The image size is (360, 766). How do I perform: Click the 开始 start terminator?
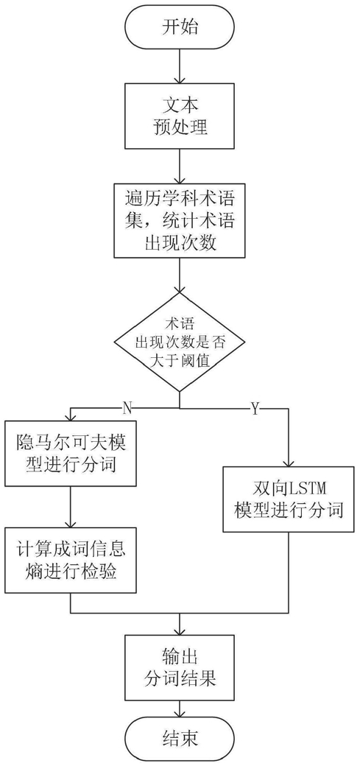(x=180, y=29)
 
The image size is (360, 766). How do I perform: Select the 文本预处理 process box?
(x=180, y=116)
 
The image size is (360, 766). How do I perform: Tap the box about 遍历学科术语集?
(x=180, y=219)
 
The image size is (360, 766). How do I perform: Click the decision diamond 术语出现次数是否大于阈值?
(x=180, y=342)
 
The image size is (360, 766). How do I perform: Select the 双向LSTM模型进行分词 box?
(x=289, y=499)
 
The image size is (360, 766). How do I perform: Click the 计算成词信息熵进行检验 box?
(x=71, y=560)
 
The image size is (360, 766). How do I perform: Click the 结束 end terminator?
(x=180, y=741)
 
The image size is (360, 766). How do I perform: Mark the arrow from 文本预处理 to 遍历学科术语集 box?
(x=180, y=166)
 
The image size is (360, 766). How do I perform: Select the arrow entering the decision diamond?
(x=180, y=275)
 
